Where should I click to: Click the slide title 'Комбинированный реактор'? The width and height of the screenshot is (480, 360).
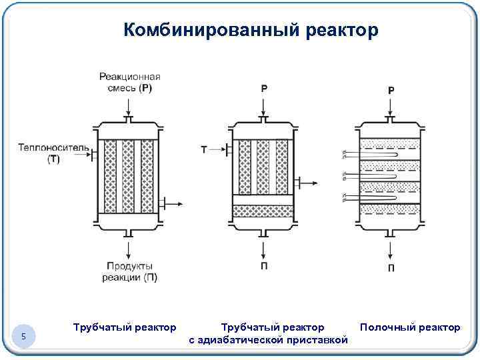[x=251, y=31]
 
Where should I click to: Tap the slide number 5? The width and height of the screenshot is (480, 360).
[x=23, y=337]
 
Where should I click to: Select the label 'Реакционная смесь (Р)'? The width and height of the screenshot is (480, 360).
[x=129, y=81]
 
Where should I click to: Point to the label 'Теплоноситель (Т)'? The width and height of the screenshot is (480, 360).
[x=44, y=153]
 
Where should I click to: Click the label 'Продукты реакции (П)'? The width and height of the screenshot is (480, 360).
[x=129, y=272]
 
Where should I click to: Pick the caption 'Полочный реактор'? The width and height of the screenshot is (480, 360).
[x=409, y=327]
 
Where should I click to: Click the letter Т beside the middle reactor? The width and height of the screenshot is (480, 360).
[x=204, y=149]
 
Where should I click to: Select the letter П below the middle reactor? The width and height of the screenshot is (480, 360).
[x=264, y=265]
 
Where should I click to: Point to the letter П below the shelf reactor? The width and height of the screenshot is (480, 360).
[x=391, y=267]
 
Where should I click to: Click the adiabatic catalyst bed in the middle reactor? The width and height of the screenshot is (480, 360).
[x=263, y=212]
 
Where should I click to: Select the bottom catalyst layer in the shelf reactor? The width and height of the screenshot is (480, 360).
[x=390, y=209]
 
